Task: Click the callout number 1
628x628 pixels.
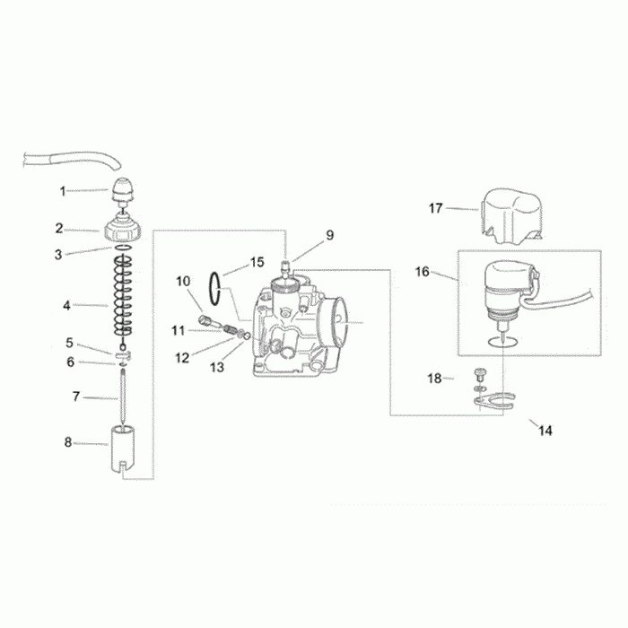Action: [63, 191]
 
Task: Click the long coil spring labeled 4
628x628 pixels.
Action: [123, 295]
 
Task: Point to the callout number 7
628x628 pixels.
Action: [76, 397]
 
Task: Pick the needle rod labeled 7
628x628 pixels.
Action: [123, 397]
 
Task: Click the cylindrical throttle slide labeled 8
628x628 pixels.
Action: [123, 449]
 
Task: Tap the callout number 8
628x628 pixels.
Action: [68, 442]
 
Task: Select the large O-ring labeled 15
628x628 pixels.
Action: [215, 289]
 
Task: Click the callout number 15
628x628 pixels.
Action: [257, 262]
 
